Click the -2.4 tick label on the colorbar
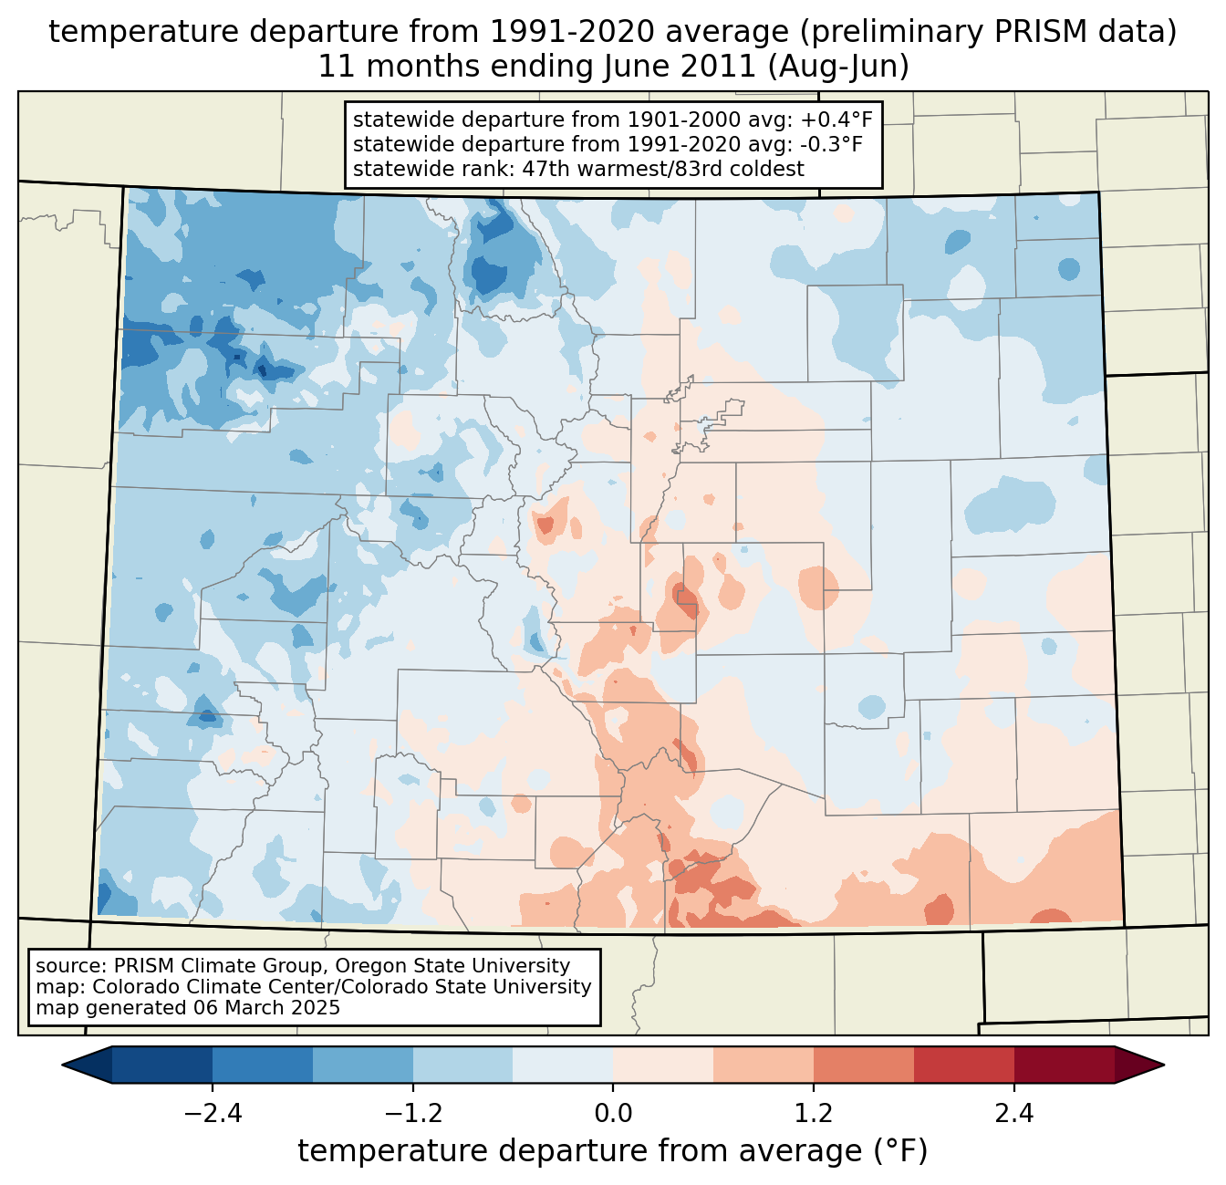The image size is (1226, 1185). [x=213, y=1114]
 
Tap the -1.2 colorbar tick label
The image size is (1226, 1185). [x=413, y=1114]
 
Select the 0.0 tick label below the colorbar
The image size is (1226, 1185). [x=613, y=1114]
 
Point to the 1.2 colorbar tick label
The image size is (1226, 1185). [x=814, y=1114]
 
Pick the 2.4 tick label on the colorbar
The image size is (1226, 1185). [x=1013, y=1114]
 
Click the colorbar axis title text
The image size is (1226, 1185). [x=613, y=1151]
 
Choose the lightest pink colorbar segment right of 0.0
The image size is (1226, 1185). [x=663, y=1065]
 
